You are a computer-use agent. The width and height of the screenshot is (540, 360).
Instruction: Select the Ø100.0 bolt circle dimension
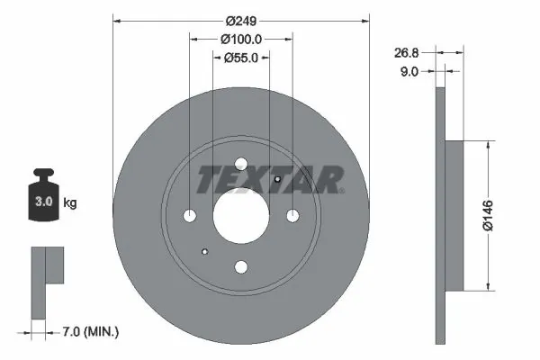point(240,39)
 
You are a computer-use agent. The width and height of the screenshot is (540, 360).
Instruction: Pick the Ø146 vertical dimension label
point(487,215)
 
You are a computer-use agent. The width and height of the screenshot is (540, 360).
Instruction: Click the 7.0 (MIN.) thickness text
point(90,332)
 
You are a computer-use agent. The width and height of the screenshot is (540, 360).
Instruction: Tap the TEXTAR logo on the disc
point(269,180)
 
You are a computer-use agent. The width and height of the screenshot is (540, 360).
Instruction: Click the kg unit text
point(69,203)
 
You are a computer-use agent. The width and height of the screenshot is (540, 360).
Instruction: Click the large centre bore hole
point(240,215)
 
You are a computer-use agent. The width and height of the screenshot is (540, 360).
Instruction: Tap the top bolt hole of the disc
point(240,165)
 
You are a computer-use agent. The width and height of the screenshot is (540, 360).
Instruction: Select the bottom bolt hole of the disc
point(240,266)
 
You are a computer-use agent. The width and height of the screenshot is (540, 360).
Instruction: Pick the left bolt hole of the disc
point(189,216)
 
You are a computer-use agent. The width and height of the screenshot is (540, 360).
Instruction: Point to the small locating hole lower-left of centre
point(205,251)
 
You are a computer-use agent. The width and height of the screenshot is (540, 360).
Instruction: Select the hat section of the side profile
point(454,215)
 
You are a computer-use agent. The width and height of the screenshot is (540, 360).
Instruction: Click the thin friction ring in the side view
point(440,215)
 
